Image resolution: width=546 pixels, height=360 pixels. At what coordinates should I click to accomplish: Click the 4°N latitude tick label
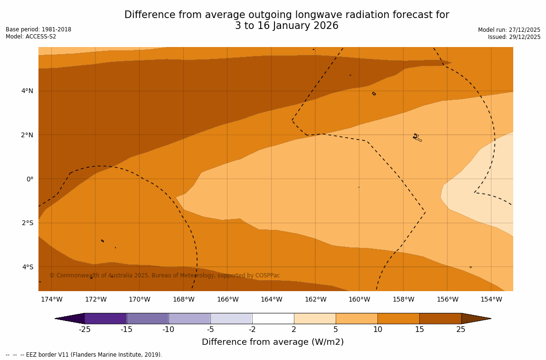tap(27, 91)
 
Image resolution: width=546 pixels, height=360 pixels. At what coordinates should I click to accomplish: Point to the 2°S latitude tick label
tap(27, 223)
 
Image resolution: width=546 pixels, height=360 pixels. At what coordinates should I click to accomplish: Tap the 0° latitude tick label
tap(29, 179)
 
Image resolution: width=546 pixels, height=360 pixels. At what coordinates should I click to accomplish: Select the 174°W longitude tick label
tap(51, 299)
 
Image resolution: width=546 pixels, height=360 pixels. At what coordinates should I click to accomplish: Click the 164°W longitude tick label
tap(271, 299)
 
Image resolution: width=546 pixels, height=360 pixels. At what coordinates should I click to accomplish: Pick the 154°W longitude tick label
tap(491, 299)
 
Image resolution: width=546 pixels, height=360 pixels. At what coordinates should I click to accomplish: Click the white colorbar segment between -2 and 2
tap(273, 318)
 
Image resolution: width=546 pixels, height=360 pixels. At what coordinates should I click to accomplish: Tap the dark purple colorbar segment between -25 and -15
tap(105, 318)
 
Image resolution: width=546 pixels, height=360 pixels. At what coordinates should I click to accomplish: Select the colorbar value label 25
tap(461, 330)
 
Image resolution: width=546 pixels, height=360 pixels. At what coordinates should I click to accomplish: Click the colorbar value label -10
tap(169, 330)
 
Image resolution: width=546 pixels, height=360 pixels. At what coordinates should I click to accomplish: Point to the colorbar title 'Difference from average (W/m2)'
tap(273, 342)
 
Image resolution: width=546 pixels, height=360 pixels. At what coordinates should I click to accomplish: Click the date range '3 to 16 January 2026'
tap(287, 26)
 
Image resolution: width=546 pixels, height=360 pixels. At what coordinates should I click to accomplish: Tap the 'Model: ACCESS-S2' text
tap(31, 37)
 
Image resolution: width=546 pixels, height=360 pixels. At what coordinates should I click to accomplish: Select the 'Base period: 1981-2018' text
tap(38, 29)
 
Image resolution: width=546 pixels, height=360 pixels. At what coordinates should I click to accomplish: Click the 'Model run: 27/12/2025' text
tap(509, 30)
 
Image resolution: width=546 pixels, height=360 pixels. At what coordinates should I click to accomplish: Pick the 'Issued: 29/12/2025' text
tap(514, 37)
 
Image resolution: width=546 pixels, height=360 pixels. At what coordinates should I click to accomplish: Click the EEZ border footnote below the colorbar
tap(84, 355)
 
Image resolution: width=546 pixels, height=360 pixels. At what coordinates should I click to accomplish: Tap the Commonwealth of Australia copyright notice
tap(165, 275)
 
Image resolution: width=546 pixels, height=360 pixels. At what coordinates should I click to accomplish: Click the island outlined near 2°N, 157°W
tap(416, 138)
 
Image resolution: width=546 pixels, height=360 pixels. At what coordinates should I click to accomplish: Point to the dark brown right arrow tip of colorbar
tap(476, 318)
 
